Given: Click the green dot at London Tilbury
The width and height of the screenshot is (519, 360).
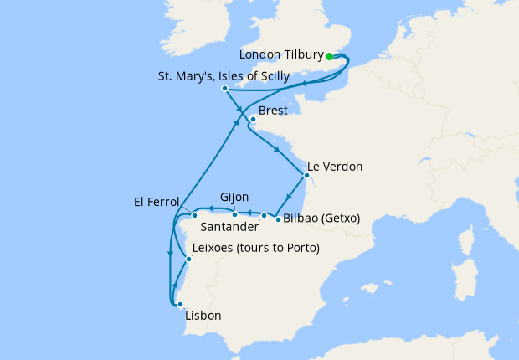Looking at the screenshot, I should [330, 57].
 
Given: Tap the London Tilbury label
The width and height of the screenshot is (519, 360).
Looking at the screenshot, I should [280, 55].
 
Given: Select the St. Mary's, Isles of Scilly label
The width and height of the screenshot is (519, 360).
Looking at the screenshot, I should [224, 76].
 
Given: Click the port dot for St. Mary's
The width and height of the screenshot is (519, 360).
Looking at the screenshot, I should [224, 89].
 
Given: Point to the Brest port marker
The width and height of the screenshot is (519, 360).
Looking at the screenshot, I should [252, 120].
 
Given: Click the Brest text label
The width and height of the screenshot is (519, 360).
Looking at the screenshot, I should [273, 111].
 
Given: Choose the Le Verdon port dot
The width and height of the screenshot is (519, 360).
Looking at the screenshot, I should [306, 177].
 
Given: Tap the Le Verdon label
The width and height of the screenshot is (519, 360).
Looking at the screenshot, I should [335, 167].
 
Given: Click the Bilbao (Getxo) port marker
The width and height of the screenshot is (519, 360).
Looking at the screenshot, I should [278, 219].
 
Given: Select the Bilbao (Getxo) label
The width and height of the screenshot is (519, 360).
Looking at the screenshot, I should [321, 219].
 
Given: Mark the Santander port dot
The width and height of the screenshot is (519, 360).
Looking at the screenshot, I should [264, 216].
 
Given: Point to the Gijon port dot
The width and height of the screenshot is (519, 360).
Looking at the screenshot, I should [235, 215].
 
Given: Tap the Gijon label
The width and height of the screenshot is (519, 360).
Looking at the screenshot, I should [234, 198].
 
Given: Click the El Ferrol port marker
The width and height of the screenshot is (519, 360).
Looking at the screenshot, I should [194, 216].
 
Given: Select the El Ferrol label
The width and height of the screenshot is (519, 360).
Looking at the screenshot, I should [157, 201].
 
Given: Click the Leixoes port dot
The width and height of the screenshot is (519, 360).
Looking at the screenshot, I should [188, 260].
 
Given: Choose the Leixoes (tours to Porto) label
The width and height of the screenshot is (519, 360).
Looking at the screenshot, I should [255, 249].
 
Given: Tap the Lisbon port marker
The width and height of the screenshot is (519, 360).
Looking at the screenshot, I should [179, 305].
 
